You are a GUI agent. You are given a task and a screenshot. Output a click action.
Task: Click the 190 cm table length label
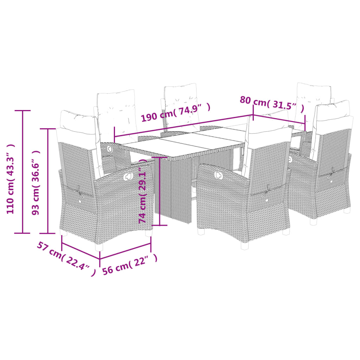point(175,111)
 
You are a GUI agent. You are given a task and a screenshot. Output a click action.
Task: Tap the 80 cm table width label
point(272,102)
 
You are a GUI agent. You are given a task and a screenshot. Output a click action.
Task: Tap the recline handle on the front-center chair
point(218,174)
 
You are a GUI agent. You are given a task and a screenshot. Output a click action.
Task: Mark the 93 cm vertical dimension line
point(48,181)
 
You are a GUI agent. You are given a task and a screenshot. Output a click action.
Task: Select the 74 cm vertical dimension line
point(160,191)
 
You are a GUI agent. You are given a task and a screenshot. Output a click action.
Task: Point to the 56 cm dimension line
point(125,251)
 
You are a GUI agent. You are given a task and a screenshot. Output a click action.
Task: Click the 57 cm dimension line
point(81,250)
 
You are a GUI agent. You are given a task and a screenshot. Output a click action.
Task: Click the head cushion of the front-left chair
point(77,120)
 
